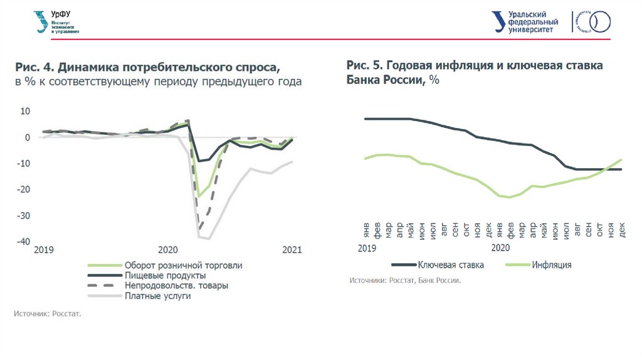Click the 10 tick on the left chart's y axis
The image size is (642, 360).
pyautogui.click(x=26, y=111)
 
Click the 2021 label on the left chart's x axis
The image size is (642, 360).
pyautogui.click(x=292, y=250)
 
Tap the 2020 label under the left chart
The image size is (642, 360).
pyautogui.click(x=168, y=250)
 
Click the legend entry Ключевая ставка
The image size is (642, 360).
pyautogui.click(x=451, y=265)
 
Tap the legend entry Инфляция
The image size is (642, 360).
pyautogui.click(x=551, y=265)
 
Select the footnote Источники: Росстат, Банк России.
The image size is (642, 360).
pyautogui.click(x=405, y=280)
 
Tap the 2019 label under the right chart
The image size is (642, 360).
pyautogui.click(x=366, y=248)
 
